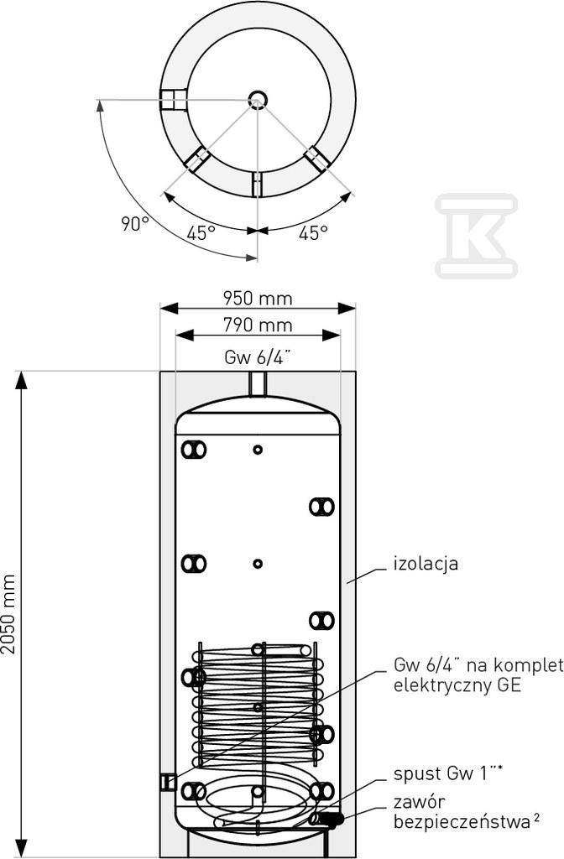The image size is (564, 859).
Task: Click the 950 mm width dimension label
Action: pos(257,299)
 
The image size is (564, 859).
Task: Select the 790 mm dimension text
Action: pos(257,325)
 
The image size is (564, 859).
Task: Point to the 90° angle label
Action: pos(135,223)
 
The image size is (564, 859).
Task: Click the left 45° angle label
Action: pos(201,233)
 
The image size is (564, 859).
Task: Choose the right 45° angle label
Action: pos(314,233)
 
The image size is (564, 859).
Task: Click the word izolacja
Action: pos(426,564)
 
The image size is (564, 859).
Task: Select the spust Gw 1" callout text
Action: pos(448,773)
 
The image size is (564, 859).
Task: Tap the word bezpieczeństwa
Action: pos(462,822)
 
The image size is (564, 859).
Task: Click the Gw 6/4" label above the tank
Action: pos(257,357)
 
